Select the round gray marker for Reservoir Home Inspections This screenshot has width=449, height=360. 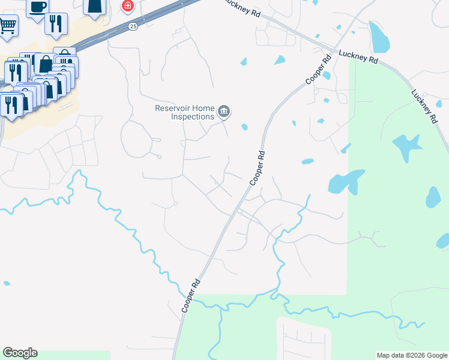[224, 111]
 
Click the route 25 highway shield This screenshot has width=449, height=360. [133, 26]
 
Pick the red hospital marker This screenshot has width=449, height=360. [127, 6]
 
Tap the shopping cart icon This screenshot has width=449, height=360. [7, 25]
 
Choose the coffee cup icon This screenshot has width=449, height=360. [37, 7]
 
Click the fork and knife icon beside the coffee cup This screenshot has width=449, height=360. [56, 23]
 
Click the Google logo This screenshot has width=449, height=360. [20, 353]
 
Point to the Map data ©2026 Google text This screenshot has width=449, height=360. [412, 355]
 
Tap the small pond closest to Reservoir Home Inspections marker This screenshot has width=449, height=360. [244, 127]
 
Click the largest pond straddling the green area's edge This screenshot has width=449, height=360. [346, 181]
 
